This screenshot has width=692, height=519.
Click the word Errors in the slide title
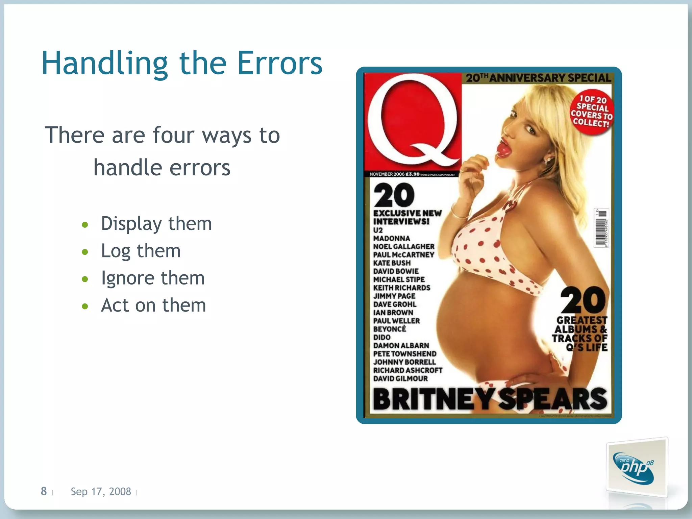(x=280, y=63)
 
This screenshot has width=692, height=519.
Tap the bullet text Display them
(x=156, y=224)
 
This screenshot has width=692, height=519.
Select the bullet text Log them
(x=141, y=251)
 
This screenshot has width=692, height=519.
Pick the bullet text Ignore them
(x=153, y=278)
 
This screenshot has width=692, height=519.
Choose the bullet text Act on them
(x=153, y=305)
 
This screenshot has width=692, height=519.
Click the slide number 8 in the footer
(x=44, y=491)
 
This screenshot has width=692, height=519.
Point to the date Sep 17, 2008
(x=101, y=492)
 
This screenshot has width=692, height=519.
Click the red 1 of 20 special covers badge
(x=592, y=112)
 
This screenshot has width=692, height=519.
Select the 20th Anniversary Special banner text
(x=539, y=78)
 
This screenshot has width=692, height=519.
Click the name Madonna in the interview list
(x=392, y=239)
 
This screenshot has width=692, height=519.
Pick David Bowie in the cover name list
(x=396, y=271)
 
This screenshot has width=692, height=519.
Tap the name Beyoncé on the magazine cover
(x=390, y=329)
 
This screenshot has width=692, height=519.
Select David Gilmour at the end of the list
(x=400, y=378)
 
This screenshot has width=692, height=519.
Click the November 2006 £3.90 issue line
(x=394, y=174)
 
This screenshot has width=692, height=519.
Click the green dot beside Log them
(x=85, y=252)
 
